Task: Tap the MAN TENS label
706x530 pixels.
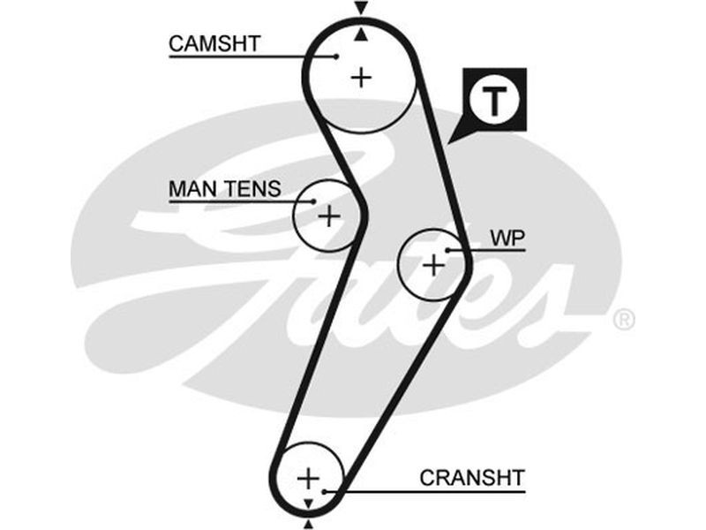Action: pyautogui.click(x=224, y=188)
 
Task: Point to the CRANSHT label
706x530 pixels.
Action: pyautogui.click(x=472, y=478)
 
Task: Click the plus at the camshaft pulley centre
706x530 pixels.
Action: pyautogui.click(x=361, y=78)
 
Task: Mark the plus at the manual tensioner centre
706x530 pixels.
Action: pyautogui.click(x=328, y=216)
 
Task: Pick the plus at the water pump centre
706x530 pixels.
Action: pyautogui.click(x=432, y=264)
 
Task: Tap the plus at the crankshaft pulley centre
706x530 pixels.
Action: pyautogui.click(x=307, y=478)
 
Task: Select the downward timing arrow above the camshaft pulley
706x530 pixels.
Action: pyautogui.click(x=360, y=9)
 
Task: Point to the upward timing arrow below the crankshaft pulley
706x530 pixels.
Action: pyautogui.click(x=308, y=524)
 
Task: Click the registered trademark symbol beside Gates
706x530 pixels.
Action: pyautogui.click(x=623, y=319)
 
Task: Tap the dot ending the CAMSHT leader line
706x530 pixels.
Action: pyautogui.click(x=337, y=56)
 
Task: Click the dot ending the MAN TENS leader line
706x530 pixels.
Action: pyautogui.click(x=313, y=201)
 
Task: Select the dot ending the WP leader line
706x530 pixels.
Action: pyautogui.click(x=449, y=251)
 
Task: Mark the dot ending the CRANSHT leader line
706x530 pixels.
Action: pyautogui.click(x=326, y=490)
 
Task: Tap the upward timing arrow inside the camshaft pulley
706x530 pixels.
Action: pyautogui.click(x=361, y=35)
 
